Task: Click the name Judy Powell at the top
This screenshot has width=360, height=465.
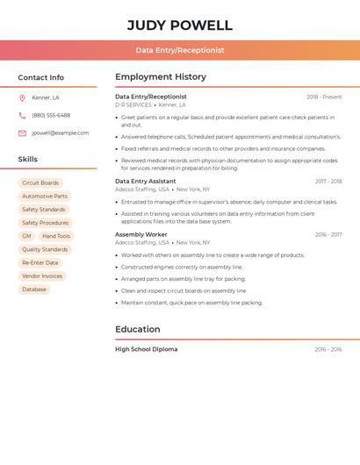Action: pos(180,25)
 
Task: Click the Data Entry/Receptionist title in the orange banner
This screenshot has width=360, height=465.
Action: pos(180,50)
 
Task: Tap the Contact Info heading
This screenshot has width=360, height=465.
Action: pos(41,77)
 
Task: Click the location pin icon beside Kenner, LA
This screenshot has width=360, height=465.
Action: pos(22,97)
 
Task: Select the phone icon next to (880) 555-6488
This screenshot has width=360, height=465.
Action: pos(22,115)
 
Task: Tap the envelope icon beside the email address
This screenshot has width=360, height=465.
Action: pos(22,133)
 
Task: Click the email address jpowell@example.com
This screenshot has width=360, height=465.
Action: pos(60,133)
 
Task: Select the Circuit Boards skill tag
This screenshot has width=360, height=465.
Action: pos(40,183)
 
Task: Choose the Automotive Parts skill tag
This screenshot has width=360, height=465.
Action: pos(44,197)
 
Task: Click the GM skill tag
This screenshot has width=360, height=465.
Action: pos(26,236)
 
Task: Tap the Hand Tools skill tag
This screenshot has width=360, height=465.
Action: pos(56,236)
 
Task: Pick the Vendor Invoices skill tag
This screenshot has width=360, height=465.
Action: pos(42,276)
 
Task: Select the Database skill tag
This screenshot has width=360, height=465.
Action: pos(34,290)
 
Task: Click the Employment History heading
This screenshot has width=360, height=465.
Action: pos(161,77)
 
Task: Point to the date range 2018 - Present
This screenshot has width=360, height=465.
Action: pos(324,97)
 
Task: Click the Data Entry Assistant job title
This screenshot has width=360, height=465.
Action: pos(145,182)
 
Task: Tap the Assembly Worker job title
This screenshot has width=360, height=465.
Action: pos(140,234)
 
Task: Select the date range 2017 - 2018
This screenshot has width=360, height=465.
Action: pos(328,182)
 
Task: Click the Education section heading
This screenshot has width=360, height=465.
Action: pos(137,330)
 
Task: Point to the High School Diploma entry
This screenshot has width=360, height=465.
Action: pos(146,349)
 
